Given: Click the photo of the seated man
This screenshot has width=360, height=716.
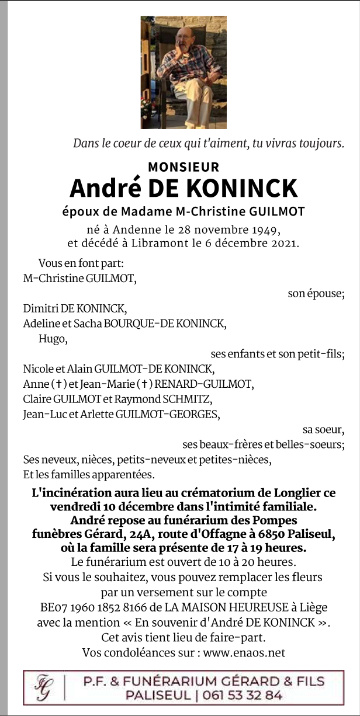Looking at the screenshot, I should point(183,72).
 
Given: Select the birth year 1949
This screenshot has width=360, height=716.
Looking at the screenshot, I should point(266,228).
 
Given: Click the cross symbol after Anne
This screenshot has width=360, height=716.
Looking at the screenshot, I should point(57,384).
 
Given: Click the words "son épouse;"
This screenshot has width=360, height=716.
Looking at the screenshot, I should point(316,293).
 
